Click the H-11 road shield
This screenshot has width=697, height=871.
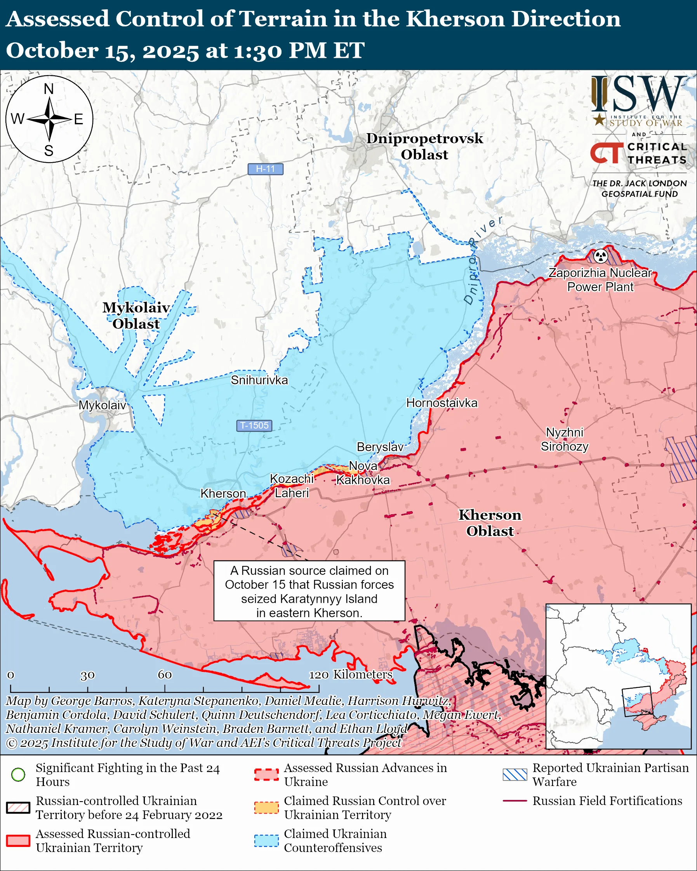pos(265,169)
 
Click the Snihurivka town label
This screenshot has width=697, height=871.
pos(259,380)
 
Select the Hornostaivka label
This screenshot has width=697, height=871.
pos(441,403)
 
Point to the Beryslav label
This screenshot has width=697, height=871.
pos(380,447)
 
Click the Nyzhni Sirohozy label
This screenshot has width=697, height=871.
pos(565,439)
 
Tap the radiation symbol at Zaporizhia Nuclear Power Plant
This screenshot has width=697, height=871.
pos(600,255)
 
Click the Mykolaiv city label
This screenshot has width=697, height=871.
pos(102,405)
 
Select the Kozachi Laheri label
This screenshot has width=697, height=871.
pos(291,486)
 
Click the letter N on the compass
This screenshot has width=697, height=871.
pos(49,89)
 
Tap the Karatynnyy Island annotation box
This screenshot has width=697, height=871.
pos(309,592)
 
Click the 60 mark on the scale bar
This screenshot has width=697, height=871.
pos(165,675)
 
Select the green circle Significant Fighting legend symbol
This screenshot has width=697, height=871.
pos(18,774)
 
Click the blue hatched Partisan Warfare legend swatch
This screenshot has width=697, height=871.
pos(515,774)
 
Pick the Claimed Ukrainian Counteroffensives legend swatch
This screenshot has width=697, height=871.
pos(266,841)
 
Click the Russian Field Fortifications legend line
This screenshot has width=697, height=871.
pos(515,801)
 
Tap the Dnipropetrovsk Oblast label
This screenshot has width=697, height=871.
pos(424,146)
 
